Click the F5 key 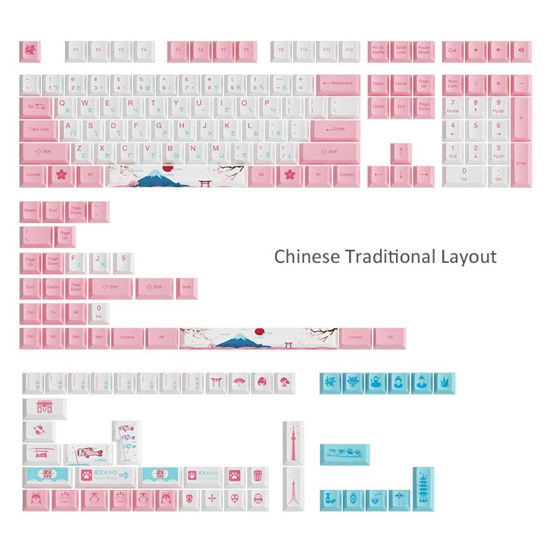click(x=177, y=50)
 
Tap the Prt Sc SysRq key click(x=379, y=50)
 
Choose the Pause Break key click(x=424, y=50)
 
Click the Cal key click(x=453, y=50)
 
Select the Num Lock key click(x=453, y=84)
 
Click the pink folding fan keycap click(x=239, y=382)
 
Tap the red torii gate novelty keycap click(x=217, y=382)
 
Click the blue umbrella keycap click(x=397, y=499)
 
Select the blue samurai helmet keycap click(x=353, y=382)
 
